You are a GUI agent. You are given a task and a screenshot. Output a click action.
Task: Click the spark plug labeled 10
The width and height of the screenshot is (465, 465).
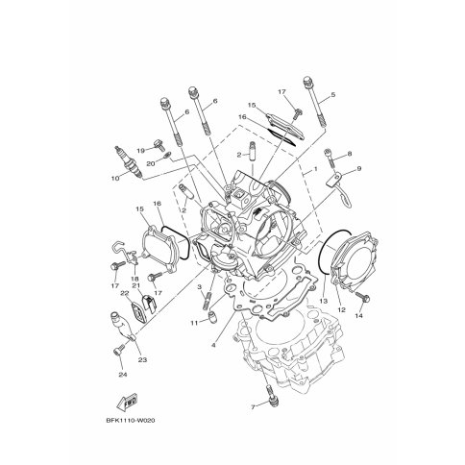(x=129, y=162)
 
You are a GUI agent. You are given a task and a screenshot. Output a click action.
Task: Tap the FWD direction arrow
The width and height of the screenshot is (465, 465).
(x=127, y=404)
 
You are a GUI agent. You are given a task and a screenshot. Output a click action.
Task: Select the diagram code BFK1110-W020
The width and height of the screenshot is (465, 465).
(x=131, y=421)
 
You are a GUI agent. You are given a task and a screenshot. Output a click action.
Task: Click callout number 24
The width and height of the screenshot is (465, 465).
(x=123, y=375)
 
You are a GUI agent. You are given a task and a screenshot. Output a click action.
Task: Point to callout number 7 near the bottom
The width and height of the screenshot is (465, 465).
(x=253, y=407)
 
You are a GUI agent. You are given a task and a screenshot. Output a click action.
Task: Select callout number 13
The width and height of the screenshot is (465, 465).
(x=324, y=302)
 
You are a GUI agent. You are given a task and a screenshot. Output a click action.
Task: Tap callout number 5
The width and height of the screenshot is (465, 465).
(x=333, y=94)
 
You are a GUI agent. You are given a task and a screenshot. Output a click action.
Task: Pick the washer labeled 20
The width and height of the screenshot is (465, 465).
(x=167, y=156)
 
